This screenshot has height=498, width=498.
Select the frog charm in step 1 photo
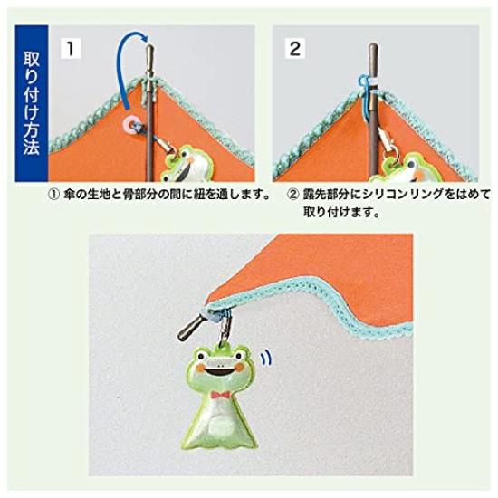(x=188, y=164)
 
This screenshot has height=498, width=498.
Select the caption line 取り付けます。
(x=342, y=215)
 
